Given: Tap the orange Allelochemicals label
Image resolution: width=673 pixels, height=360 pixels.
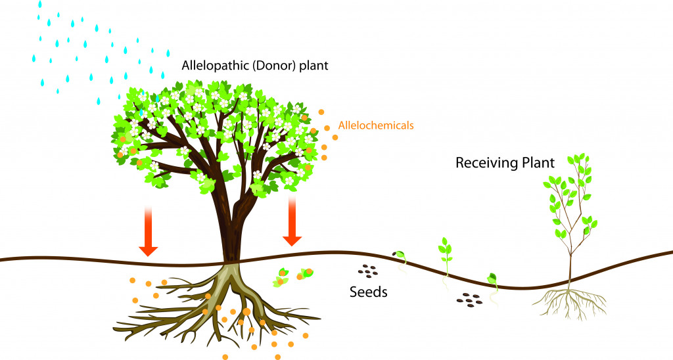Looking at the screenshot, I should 375,124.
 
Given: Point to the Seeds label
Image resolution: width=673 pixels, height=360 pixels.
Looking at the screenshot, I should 368,291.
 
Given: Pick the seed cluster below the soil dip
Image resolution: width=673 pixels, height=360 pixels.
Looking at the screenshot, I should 469,299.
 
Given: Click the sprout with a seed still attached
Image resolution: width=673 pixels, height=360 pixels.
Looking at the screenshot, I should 399,257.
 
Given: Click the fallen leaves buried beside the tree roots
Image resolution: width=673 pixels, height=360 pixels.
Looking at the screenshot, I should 292,275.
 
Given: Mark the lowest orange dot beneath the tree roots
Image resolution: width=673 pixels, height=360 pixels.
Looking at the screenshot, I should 225,356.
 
